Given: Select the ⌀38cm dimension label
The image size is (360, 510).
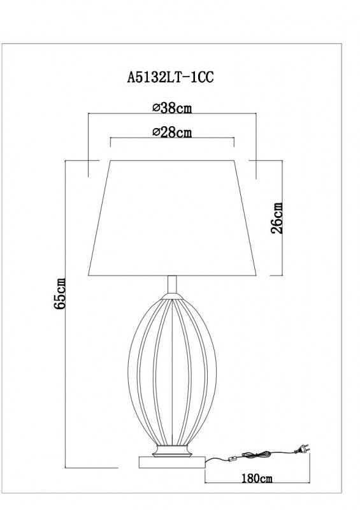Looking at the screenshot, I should (x=172, y=108).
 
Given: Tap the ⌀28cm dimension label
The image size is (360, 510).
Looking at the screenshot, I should (x=172, y=132).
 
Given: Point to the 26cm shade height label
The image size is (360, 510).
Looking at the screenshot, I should (x=277, y=219).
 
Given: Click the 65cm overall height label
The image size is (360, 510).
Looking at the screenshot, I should (x=61, y=294).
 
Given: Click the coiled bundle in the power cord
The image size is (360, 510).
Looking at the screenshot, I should (x=261, y=454).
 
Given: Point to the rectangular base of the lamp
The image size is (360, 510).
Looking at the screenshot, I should (x=171, y=460).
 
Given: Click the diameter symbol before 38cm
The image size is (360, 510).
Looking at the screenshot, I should (x=156, y=108).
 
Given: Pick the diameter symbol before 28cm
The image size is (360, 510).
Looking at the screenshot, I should (x=156, y=133).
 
